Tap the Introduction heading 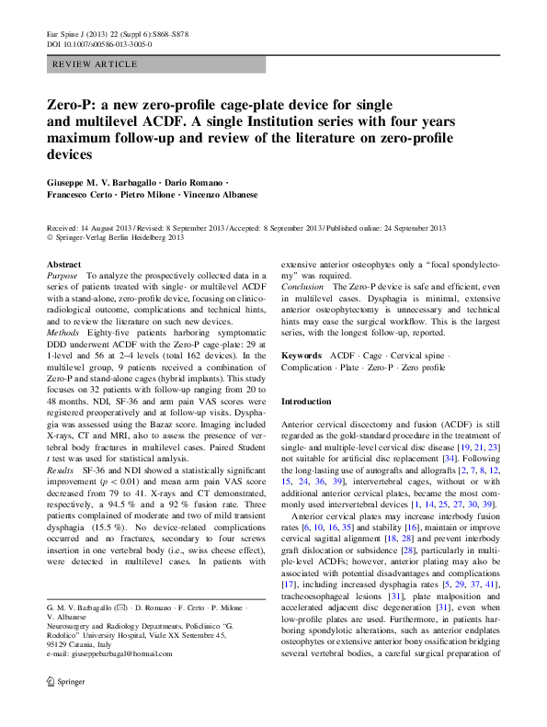pyautogui.click(x=306, y=402)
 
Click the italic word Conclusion pyautogui.click(x=302, y=287)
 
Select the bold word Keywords pyautogui.click(x=302, y=355)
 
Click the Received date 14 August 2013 pyautogui.click(x=103, y=228)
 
